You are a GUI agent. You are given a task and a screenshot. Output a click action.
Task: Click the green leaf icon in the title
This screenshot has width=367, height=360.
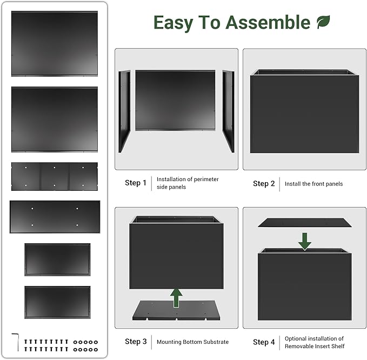click(x=323, y=22)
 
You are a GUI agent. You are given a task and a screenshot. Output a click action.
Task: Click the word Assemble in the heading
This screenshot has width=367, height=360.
click(x=268, y=22)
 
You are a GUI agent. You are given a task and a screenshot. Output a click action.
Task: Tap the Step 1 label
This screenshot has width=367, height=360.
click(x=136, y=183)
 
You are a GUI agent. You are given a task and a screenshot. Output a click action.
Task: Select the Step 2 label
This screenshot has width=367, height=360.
click(x=264, y=184)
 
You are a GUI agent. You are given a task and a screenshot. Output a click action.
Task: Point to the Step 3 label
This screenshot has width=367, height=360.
click(x=136, y=342)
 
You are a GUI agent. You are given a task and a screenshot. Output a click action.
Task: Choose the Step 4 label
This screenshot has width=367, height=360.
click(x=264, y=342)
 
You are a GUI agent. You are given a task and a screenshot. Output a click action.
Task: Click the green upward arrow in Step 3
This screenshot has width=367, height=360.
click(x=176, y=298)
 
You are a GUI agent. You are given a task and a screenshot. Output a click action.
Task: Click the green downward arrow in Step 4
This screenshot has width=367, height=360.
click(x=304, y=242)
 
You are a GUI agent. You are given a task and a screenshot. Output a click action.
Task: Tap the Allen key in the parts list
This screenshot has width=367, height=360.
click(x=16, y=342)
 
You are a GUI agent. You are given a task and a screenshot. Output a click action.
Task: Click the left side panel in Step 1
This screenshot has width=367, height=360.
click(x=124, y=111)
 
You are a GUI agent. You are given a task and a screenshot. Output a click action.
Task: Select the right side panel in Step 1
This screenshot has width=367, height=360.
click(x=228, y=111)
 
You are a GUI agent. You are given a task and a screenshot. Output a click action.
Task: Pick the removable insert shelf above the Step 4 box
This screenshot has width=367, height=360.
click(x=304, y=223)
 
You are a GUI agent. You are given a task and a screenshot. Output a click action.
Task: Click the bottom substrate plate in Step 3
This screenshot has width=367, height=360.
click(x=176, y=310)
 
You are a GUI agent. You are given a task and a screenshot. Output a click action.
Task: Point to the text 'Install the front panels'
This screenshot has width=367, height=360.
click(x=313, y=184)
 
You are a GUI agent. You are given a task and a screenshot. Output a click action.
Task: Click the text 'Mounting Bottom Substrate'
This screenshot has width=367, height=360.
click(x=192, y=342)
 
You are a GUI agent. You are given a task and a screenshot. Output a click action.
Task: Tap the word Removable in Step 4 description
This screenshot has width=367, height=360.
click(x=298, y=346)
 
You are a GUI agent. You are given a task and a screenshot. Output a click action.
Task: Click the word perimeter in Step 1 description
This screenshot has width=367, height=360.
click(x=206, y=179)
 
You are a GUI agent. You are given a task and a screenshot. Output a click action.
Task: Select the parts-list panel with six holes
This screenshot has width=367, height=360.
click(x=55, y=177)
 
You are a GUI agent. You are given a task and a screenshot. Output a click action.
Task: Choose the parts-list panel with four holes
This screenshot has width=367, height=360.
click(x=55, y=217)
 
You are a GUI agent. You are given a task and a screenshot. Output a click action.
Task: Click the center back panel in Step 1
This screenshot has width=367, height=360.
click(x=175, y=100)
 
